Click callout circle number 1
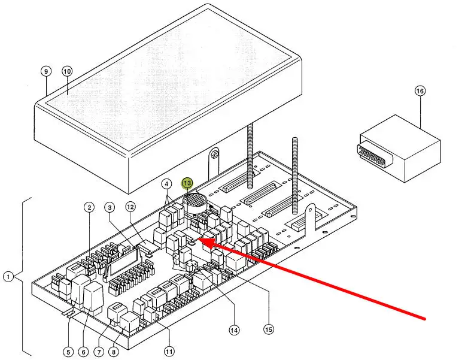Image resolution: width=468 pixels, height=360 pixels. tap(8, 277)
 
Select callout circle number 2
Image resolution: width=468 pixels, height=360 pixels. tap(89, 208)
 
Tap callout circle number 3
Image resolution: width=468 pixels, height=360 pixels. tap(110, 208)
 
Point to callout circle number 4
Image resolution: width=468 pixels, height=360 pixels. tap(166, 183)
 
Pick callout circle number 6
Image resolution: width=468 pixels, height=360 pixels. tap(83, 352)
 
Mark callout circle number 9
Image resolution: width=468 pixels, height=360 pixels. tap(47, 71)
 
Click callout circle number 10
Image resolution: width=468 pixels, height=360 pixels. tap(67, 71)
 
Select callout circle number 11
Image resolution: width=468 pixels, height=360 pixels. tap(169, 352)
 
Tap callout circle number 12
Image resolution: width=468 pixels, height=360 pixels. tap(131, 208)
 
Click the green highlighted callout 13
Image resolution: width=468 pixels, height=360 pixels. tap(187, 183)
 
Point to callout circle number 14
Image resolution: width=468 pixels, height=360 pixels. tap(234, 329)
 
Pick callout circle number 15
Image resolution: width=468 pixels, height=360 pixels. tap(269, 329)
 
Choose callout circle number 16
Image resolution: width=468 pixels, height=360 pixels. tap(420, 91)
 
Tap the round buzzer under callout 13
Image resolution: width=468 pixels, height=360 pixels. tap(193, 202)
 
